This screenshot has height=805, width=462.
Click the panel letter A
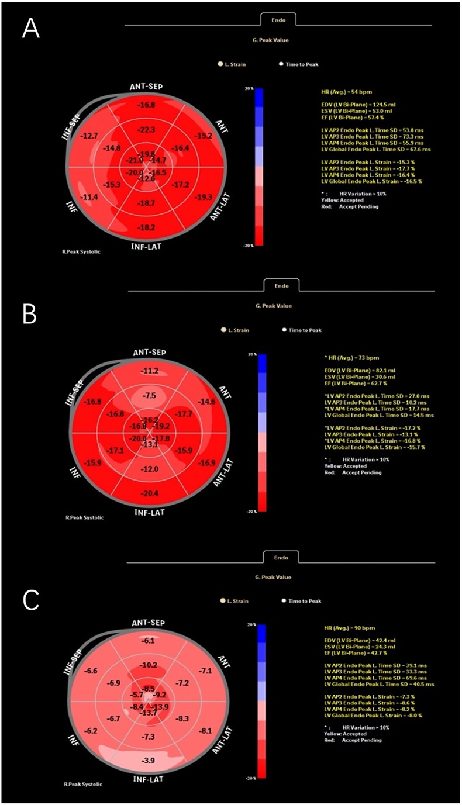point(30,27)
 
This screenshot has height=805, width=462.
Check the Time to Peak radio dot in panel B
point(285,330)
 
